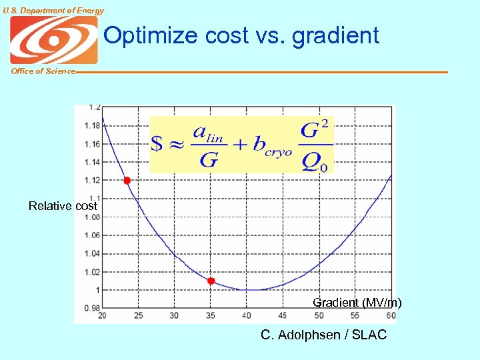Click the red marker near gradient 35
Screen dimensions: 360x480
(211, 281)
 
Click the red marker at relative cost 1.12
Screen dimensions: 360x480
(127, 181)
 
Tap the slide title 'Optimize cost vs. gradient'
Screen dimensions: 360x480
(241, 35)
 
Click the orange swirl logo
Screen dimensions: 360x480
(54, 40)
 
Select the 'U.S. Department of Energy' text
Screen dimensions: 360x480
(53, 10)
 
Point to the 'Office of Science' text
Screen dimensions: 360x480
(43, 71)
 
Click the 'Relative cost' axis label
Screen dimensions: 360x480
(63, 206)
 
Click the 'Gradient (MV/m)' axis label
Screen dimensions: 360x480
(357, 303)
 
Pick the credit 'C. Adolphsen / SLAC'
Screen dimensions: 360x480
(323, 335)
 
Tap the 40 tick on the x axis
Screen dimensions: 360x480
(247, 315)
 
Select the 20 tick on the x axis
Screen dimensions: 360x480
(102, 315)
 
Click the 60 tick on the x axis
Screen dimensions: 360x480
(391, 315)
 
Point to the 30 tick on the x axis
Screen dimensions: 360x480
(174, 315)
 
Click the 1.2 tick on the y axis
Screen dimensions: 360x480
(95, 107)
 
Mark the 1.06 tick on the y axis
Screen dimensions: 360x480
(93, 235)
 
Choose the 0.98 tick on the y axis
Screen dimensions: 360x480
(93, 307)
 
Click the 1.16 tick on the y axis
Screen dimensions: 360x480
(93, 143)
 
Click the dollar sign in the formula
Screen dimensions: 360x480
(158, 144)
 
